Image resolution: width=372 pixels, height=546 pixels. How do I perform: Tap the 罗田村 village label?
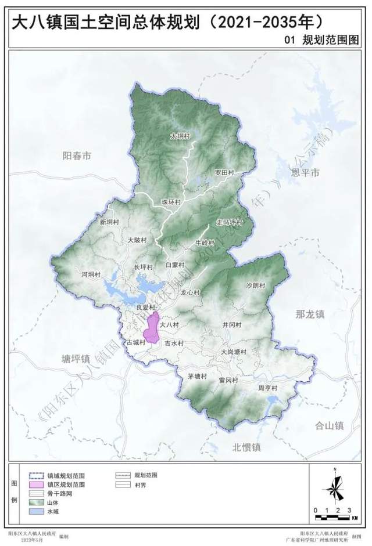pos(224,172)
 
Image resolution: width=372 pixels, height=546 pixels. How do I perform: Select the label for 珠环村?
pos(171,201)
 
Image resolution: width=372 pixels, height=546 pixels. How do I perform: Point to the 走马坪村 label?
pos(228,222)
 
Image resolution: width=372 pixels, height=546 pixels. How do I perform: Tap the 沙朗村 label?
pos(255,285)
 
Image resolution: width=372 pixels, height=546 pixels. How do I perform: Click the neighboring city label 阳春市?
pos(77,156)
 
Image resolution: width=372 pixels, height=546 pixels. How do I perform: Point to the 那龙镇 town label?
pos(310,314)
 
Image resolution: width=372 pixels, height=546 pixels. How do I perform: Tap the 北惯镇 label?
pos(247,447)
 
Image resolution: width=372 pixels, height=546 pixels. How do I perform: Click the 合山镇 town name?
pos(329,425)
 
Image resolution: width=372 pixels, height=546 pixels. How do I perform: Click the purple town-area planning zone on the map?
pos(152,328)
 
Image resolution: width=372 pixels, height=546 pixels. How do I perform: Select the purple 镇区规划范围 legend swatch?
pos(37,483)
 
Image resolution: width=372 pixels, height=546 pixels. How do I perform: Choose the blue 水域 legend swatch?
pos(37,511)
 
